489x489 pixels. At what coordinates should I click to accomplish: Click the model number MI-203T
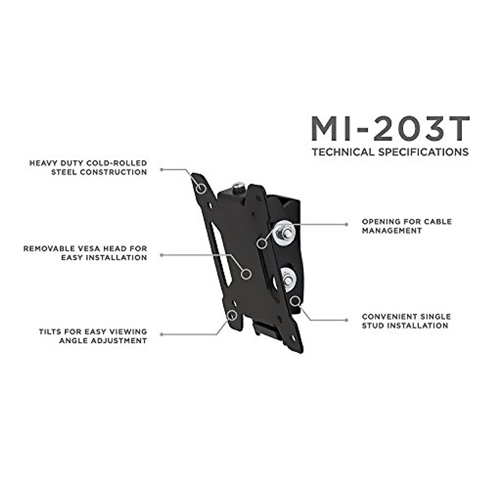pyautogui.click(x=390, y=129)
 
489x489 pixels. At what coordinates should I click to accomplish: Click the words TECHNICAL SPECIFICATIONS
pyautogui.click(x=390, y=152)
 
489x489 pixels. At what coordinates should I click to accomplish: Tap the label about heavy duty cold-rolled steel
pyautogui.click(x=88, y=167)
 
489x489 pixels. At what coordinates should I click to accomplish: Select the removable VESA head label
pyautogui.click(x=85, y=253)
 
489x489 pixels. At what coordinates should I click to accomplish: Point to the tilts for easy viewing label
pyautogui.click(x=93, y=336)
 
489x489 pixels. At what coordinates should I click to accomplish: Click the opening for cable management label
pyautogui.click(x=407, y=226)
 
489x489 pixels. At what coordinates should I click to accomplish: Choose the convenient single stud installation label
pyautogui.click(x=406, y=321)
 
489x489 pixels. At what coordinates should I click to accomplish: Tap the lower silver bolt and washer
pyautogui.click(x=288, y=280)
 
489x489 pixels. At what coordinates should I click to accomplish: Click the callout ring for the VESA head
pyautogui.click(x=245, y=273)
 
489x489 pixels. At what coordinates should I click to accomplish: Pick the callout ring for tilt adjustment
pyautogui.click(x=232, y=315)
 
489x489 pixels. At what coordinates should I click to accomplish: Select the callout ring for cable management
pyautogui.click(x=262, y=243)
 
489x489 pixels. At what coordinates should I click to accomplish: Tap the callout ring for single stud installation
pyautogui.click(x=295, y=301)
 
